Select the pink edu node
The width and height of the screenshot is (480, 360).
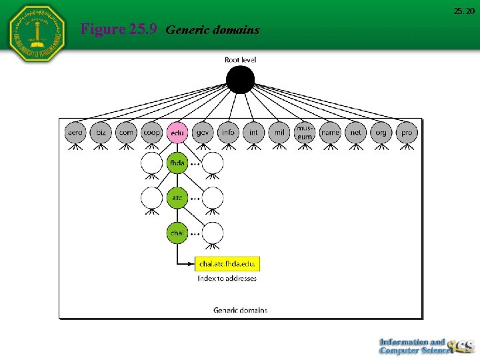(x=177, y=132)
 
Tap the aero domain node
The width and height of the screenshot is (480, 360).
(x=75, y=132)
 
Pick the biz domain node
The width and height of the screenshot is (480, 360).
(x=101, y=132)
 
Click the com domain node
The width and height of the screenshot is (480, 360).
(x=126, y=132)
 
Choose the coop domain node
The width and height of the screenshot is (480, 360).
(x=152, y=132)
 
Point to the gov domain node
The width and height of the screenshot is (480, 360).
(x=203, y=132)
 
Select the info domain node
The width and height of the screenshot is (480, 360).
(x=229, y=132)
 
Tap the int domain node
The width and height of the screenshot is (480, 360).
(x=253, y=132)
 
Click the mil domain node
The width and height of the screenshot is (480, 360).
(x=279, y=132)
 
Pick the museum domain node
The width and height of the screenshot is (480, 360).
(x=305, y=132)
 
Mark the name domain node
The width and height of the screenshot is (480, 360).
(x=330, y=132)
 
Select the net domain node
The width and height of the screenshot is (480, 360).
(x=356, y=132)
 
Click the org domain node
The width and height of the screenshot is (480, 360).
(x=381, y=132)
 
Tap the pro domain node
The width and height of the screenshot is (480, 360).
(x=407, y=132)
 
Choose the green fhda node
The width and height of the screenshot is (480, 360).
(x=177, y=163)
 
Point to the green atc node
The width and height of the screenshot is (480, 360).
(x=177, y=197)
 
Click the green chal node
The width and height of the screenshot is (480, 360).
(x=177, y=233)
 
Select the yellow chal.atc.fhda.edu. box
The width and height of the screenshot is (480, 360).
(x=227, y=264)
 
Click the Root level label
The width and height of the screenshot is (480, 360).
(x=240, y=60)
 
